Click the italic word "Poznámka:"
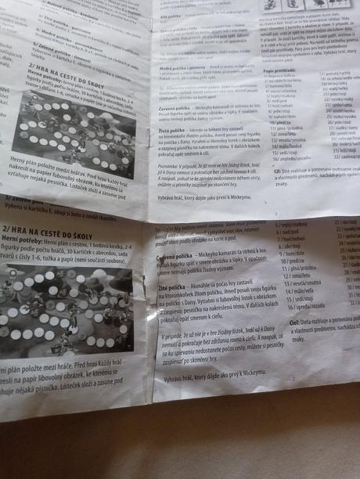pyautogui.click(x=173, y=166)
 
